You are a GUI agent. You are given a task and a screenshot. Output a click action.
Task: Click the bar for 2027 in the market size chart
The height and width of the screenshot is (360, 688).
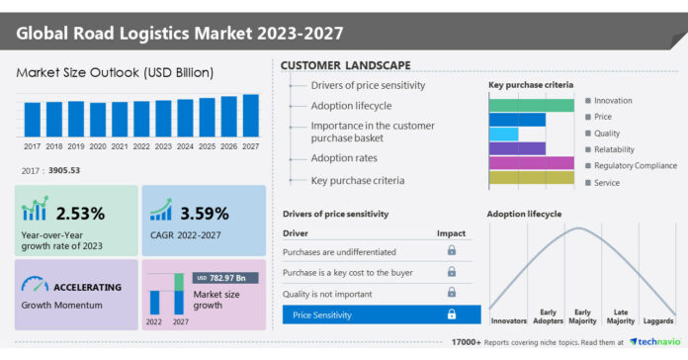click(x=251, y=116)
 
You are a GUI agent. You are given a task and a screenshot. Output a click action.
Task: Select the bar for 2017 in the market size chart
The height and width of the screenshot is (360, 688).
click(x=33, y=120)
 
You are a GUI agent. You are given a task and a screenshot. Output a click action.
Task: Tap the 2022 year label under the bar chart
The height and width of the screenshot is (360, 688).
click(x=141, y=146)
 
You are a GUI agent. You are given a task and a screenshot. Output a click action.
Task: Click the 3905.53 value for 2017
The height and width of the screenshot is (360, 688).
click(x=66, y=171)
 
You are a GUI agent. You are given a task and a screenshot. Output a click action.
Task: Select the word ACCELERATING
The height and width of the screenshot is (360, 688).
click(x=86, y=287)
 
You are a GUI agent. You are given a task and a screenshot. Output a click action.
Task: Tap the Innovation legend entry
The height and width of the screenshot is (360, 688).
click(x=613, y=101)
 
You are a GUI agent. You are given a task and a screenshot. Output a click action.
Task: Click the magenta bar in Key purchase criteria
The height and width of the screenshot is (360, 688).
click(x=531, y=163)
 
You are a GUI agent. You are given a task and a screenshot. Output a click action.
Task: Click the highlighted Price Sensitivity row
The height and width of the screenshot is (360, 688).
click(x=376, y=315)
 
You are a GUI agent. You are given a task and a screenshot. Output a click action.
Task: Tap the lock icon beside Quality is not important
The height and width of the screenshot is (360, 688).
click(x=452, y=293)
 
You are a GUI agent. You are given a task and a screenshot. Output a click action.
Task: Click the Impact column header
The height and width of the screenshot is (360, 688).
click(x=451, y=233)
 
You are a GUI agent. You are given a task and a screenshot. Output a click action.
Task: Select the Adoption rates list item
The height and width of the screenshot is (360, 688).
click(x=344, y=157)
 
